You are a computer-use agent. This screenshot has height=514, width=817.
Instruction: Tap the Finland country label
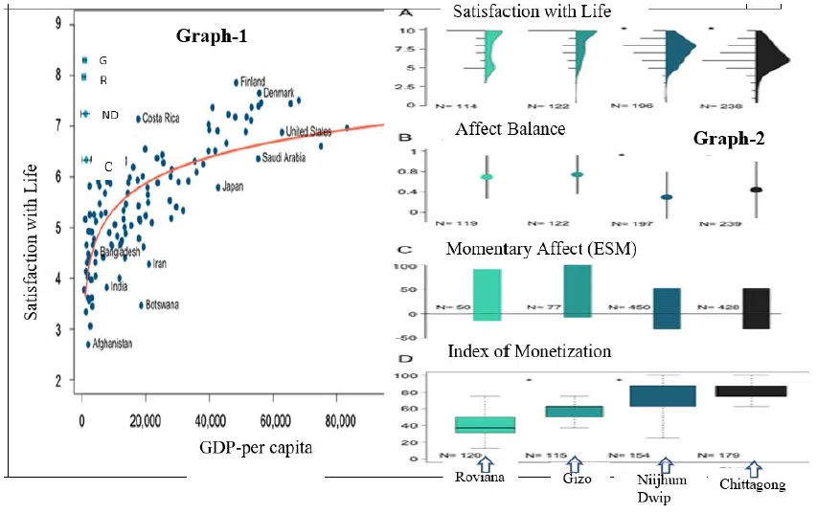pos(252,81)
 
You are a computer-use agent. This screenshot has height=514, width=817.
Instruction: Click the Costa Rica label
pos(161,119)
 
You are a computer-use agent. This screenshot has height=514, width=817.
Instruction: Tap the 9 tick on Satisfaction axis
pos(58,23)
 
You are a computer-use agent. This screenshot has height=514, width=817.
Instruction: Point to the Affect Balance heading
pos(510,128)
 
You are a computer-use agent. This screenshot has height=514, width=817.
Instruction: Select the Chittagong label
pos(753,484)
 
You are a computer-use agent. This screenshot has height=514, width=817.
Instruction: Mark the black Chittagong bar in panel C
pos(756,307)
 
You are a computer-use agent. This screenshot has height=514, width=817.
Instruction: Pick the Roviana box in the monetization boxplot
pos(485,424)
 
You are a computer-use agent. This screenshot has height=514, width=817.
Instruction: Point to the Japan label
pos(233,187)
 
